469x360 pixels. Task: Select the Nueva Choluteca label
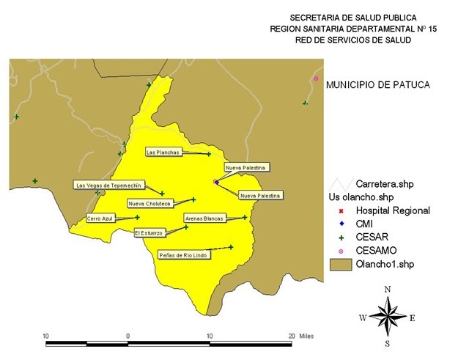149,204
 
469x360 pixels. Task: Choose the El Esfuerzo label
149,232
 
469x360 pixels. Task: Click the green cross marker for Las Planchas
209,154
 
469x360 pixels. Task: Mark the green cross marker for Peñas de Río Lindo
231,247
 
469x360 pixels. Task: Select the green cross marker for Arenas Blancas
245,217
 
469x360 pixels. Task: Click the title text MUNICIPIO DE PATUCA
377,85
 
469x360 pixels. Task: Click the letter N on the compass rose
388,289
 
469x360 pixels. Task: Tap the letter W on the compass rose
362,317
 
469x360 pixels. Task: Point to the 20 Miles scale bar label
300,336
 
